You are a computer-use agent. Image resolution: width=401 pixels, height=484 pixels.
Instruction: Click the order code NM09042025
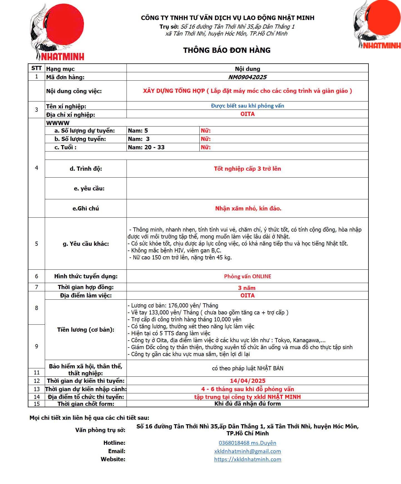click(247, 77)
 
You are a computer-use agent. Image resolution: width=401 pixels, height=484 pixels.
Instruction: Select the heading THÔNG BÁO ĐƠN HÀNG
click(227, 50)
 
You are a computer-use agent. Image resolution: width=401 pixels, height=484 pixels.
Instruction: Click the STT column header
click(36, 68)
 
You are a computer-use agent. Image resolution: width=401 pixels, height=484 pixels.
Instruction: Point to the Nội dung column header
click(247, 69)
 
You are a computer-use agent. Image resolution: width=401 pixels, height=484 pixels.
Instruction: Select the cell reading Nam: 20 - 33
click(146, 147)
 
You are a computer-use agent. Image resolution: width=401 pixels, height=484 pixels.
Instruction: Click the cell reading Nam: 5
click(138, 131)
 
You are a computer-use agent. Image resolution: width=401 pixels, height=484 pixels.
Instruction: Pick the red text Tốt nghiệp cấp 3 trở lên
click(247, 169)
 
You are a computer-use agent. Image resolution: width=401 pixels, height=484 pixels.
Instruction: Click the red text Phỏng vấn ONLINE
click(247, 276)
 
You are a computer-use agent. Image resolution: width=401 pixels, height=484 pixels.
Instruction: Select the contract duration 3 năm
click(247, 288)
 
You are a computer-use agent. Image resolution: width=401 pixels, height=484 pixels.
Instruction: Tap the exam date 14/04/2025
click(247, 381)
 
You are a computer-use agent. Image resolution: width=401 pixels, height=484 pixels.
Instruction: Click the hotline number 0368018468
click(234, 443)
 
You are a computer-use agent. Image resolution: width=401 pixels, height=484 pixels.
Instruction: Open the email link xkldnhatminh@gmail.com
click(247, 451)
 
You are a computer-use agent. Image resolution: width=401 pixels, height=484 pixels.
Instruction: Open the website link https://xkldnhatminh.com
click(247, 459)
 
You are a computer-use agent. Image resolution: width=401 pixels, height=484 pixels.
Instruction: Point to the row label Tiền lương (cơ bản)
click(86, 330)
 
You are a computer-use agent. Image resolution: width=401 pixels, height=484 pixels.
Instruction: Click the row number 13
click(36, 389)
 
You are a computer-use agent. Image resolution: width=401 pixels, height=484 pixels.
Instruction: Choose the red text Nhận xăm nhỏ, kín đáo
click(248, 209)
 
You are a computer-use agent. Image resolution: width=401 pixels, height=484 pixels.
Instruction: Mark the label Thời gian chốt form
click(86, 404)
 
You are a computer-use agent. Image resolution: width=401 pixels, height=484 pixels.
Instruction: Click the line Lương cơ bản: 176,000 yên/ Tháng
click(173, 306)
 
